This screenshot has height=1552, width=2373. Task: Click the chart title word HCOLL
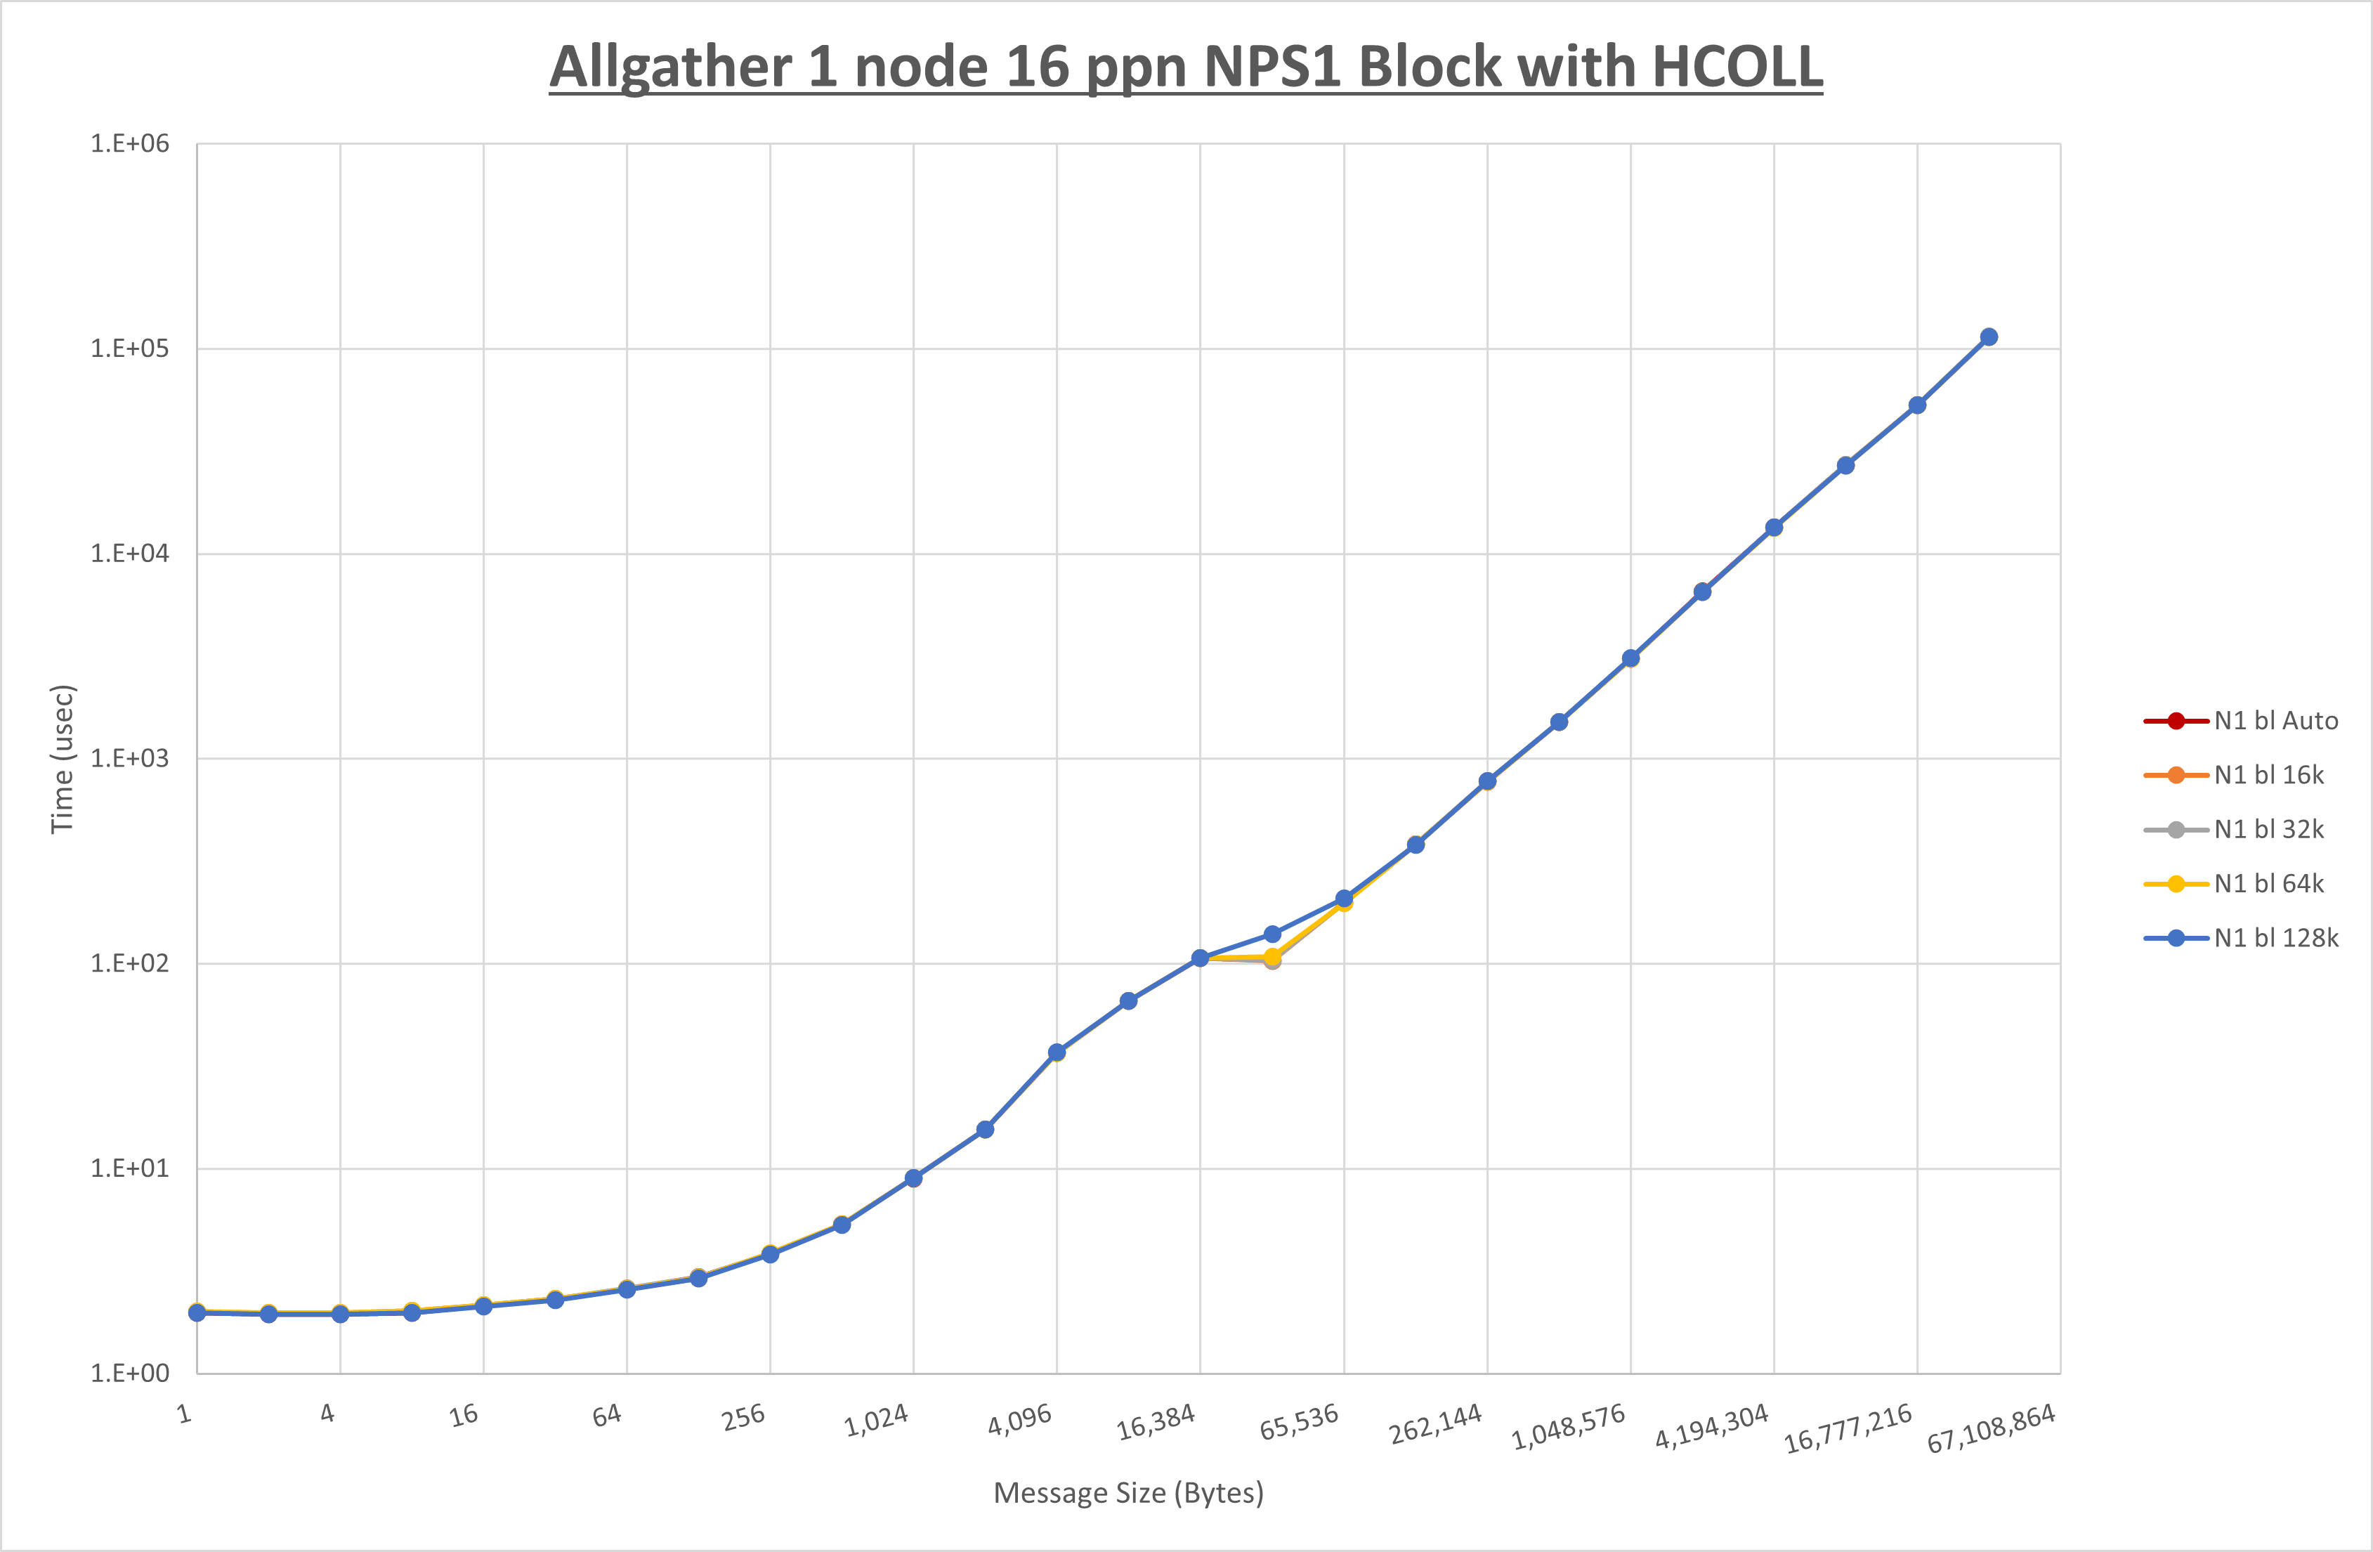tap(1737, 68)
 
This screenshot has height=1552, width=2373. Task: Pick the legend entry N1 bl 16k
tap(2268, 775)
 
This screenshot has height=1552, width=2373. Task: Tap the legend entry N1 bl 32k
tap(2268, 830)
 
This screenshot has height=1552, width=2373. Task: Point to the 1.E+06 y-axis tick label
tap(130, 143)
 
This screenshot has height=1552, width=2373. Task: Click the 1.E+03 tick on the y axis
tap(130, 758)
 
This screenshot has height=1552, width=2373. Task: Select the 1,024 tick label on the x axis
tap(877, 1421)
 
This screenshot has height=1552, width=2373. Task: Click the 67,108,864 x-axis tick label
tap(1990, 1428)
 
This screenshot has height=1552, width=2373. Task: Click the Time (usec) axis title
tap(62, 758)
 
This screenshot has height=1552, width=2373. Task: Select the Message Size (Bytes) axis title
tap(1129, 1493)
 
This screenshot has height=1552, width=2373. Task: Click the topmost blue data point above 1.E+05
tap(1988, 337)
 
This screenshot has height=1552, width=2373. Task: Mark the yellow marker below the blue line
tap(1272, 956)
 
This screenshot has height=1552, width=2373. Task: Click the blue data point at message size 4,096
tap(1057, 1052)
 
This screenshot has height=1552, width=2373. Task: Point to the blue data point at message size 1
tap(197, 1312)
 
